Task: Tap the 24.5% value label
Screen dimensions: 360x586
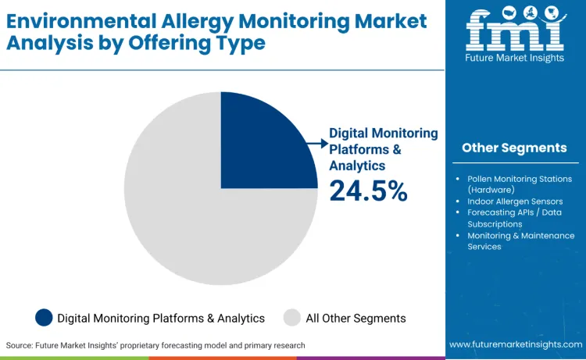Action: pyautogui.click(x=368, y=190)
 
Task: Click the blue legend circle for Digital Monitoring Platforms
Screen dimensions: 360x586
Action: pyautogui.click(x=45, y=318)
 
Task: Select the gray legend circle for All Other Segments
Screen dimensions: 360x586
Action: pyautogui.click(x=291, y=318)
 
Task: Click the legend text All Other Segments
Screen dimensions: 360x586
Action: pyautogui.click(x=356, y=318)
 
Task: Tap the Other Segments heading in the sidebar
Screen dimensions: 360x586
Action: pyautogui.click(x=514, y=148)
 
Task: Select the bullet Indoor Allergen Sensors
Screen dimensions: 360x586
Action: pyautogui.click(x=515, y=201)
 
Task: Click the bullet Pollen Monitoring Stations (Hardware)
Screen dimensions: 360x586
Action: pyautogui.click(x=520, y=184)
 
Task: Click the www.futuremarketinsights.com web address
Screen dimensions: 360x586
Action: pyautogui.click(x=515, y=344)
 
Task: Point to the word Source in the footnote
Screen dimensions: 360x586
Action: pyautogui.click(x=20, y=345)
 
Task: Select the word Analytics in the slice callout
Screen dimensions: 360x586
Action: pyautogui.click(x=357, y=166)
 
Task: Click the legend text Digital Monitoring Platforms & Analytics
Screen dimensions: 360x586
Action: pyautogui.click(x=160, y=318)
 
